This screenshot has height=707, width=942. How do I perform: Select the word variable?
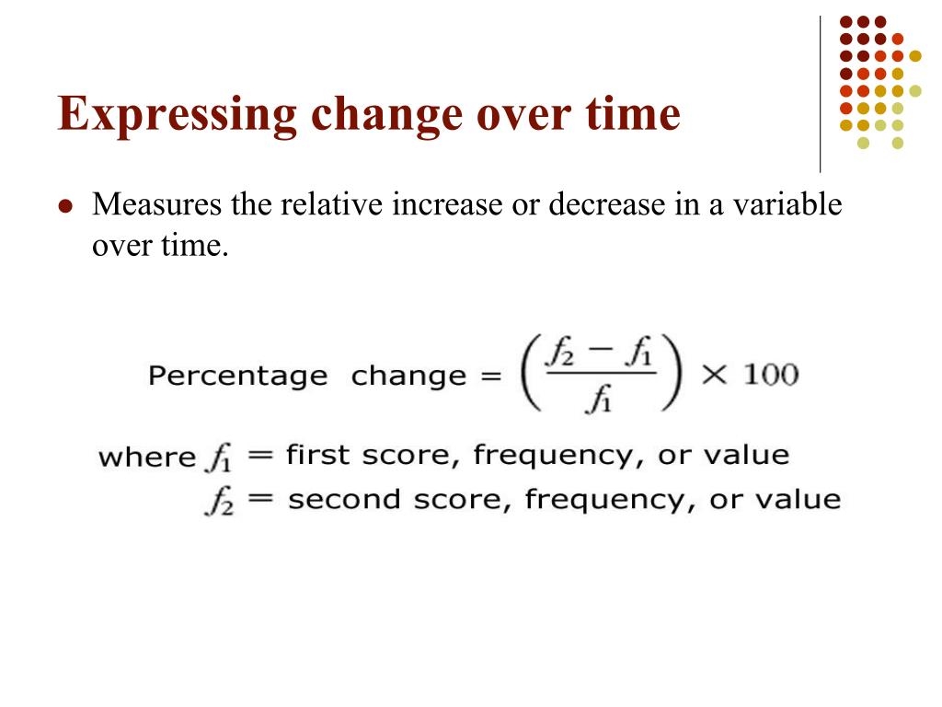790,204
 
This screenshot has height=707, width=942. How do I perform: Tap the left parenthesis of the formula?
530,377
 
